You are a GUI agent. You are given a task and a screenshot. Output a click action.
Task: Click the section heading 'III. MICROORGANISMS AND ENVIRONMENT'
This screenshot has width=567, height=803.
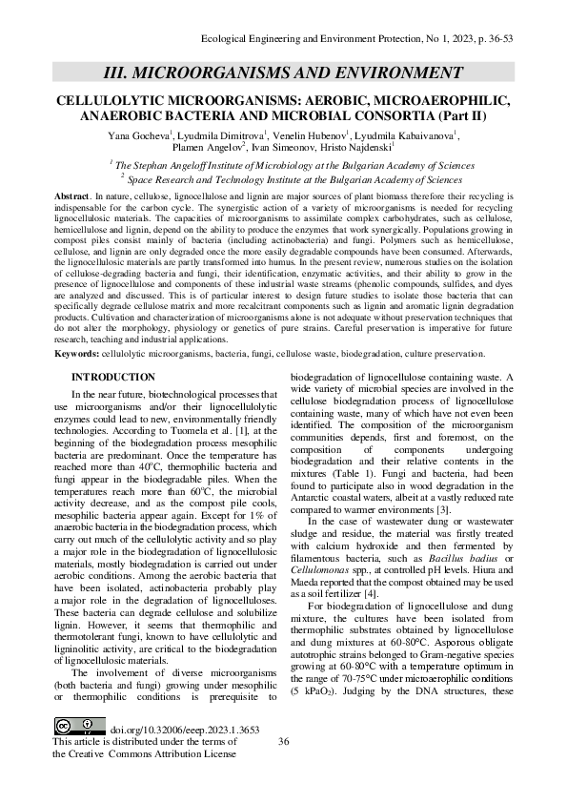(283, 73)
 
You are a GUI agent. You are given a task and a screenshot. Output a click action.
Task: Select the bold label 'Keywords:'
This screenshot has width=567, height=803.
(77, 353)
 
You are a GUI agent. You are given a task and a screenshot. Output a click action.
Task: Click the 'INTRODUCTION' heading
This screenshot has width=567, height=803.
(112, 378)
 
